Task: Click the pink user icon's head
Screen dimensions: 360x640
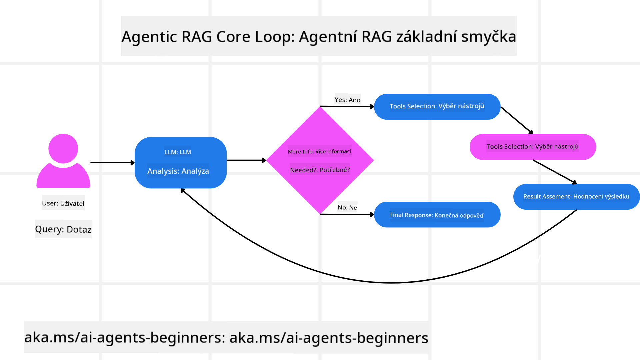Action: point(63,148)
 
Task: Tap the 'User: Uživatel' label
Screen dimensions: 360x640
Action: point(63,203)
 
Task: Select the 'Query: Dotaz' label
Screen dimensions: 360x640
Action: point(63,229)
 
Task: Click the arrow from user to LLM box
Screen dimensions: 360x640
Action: point(112,163)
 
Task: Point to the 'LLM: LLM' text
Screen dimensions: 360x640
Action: point(178,152)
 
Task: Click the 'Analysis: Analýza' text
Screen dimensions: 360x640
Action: point(178,171)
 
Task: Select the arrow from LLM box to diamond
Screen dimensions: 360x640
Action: point(246,160)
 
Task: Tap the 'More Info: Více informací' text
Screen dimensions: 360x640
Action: point(319,151)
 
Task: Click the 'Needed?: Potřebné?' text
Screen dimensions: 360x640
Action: point(320,170)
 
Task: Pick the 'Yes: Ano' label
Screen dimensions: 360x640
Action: point(347,100)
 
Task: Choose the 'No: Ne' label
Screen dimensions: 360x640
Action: point(347,207)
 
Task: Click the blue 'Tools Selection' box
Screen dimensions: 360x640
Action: point(437,106)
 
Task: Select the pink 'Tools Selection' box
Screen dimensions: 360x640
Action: point(532,147)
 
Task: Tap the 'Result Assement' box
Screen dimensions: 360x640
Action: point(576,197)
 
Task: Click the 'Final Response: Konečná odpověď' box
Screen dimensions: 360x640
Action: point(437,215)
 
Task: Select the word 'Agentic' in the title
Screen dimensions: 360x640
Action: point(149,36)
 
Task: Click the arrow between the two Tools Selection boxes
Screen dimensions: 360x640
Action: point(517,120)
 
